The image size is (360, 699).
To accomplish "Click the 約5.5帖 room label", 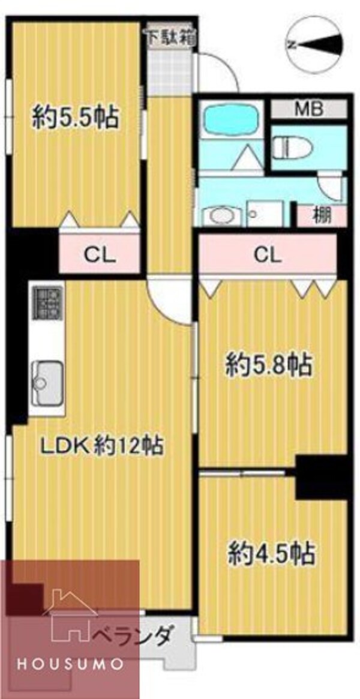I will pos(74,116).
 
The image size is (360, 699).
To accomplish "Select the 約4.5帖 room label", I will pos(271,553).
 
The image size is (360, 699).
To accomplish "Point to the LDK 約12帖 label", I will pos(102,445).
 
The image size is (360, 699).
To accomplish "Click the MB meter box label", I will pos(308,109).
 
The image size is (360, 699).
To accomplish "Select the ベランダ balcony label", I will pos(136,633).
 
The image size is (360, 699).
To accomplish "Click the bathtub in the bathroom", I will pos(230,122).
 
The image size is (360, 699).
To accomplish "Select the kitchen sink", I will pos(46,379).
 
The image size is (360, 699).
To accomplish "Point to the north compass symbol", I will pos(314,44).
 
